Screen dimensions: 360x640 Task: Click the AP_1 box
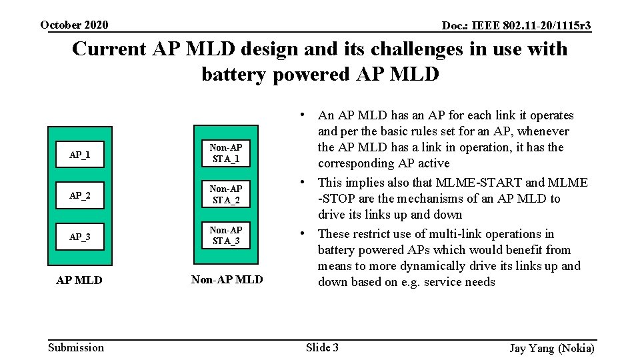80,155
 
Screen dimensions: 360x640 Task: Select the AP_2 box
80,196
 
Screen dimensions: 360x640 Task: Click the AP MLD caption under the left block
79,280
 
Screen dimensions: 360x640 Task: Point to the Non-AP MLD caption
227,280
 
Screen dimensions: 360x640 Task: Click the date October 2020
74,25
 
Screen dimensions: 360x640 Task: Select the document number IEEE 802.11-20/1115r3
517,26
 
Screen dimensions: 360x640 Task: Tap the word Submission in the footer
77,347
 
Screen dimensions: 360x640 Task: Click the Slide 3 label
322,347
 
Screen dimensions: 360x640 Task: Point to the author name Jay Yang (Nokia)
551,348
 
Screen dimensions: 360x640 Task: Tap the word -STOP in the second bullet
335,199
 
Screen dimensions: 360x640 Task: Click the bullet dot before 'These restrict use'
303,233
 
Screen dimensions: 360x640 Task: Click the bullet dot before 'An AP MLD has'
303,115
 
